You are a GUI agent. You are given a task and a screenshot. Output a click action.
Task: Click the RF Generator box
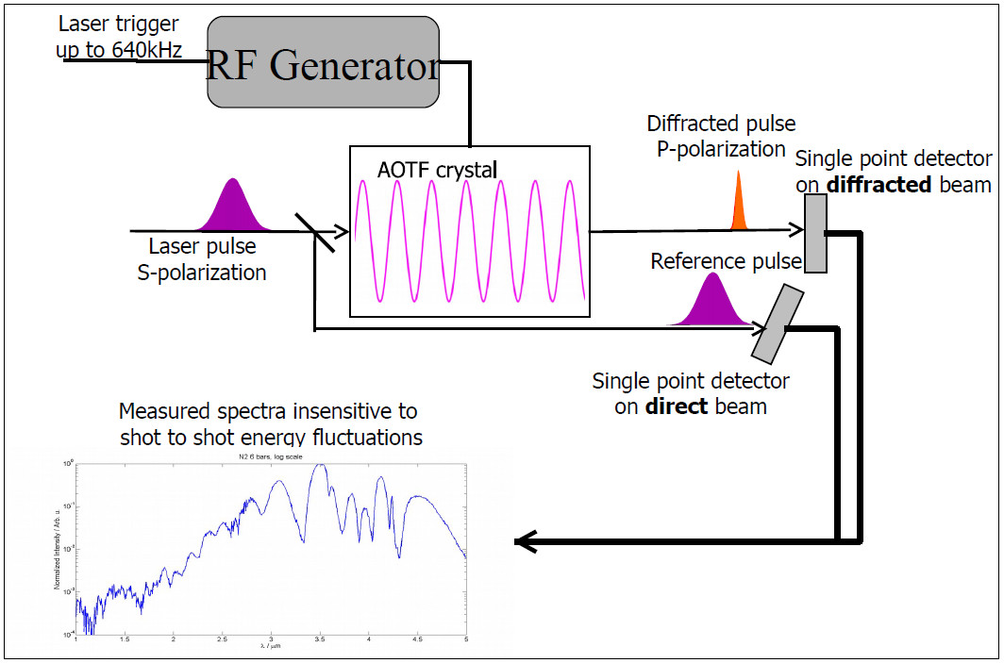click(x=324, y=65)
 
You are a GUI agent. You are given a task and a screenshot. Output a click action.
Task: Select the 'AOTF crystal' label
click(x=438, y=171)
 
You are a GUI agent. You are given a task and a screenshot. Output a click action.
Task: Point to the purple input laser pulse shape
click(x=231, y=208)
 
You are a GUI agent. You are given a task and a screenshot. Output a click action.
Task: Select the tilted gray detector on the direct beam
click(x=777, y=323)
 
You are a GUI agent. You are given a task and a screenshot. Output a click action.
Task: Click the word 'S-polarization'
click(x=208, y=273)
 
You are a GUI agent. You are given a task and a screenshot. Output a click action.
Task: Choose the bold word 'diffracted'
click(x=878, y=185)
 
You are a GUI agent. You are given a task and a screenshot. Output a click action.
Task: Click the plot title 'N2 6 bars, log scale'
click(x=270, y=458)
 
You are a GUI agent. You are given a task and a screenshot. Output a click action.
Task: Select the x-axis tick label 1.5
click(x=125, y=639)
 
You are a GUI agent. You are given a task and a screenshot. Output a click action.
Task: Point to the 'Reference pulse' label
click(x=726, y=260)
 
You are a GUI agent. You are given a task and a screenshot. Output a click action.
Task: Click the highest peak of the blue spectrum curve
click(x=321, y=465)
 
